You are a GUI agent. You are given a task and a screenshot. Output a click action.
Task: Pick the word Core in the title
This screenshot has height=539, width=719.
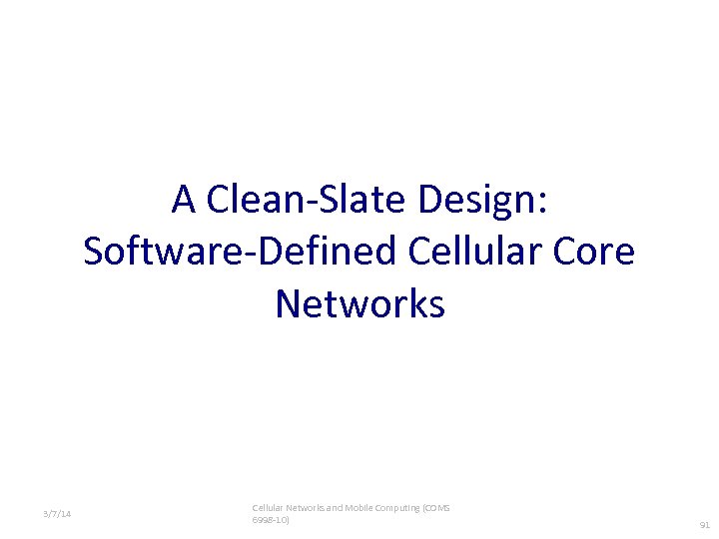point(596,252)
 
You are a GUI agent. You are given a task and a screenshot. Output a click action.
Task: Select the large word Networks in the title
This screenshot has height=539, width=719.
point(359,303)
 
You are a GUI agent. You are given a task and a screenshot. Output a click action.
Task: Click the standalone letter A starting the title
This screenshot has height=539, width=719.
point(184,200)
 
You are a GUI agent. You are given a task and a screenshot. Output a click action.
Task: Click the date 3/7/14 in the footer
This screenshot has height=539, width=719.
point(57,514)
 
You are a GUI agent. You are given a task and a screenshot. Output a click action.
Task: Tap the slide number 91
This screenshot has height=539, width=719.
point(704,524)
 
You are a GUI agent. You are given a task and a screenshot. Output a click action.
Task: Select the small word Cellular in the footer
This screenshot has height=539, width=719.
point(267,508)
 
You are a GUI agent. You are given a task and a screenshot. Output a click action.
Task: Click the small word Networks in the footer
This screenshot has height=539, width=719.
point(304,508)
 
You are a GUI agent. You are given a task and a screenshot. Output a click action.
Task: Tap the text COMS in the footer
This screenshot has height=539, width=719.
point(436,508)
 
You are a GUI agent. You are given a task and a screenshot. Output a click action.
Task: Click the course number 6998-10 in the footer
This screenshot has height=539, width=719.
point(271,520)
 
